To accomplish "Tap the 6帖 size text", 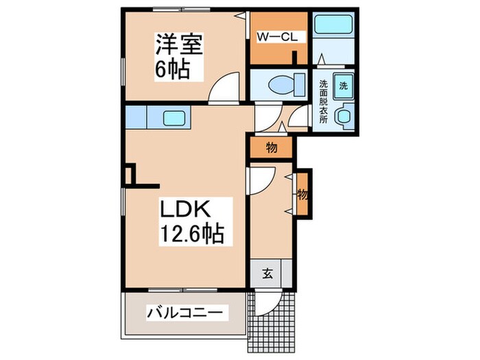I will click(172, 69).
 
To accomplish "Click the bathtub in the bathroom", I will click(334, 27).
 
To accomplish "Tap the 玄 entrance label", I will click(267, 275).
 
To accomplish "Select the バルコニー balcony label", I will click(184, 313).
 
